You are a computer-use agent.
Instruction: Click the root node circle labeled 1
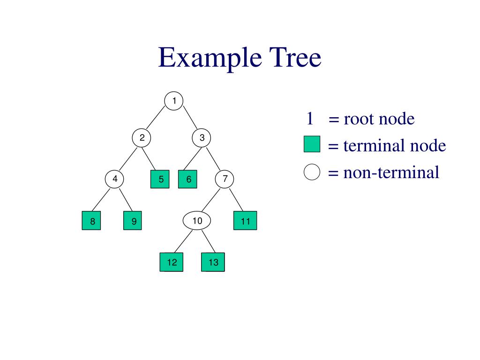(x=174, y=101)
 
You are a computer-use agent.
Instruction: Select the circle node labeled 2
(x=142, y=138)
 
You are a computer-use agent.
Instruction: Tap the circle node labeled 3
(x=202, y=138)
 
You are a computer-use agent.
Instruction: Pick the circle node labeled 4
(x=114, y=179)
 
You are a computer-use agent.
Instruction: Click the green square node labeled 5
(x=160, y=179)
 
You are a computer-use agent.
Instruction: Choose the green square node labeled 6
(x=188, y=179)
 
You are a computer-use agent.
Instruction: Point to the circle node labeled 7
(x=225, y=179)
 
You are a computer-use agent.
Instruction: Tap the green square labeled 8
(x=93, y=221)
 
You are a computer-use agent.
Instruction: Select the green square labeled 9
(x=133, y=221)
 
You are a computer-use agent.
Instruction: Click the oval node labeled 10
(x=197, y=221)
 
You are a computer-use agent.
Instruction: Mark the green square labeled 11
(x=245, y=221)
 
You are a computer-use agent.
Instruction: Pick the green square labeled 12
(x=172, y=262)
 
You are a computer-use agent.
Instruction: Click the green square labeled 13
(x=213, y=262)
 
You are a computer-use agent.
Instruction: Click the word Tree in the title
(x=295, y=59)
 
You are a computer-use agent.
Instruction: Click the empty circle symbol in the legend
(x=312, y=172)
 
